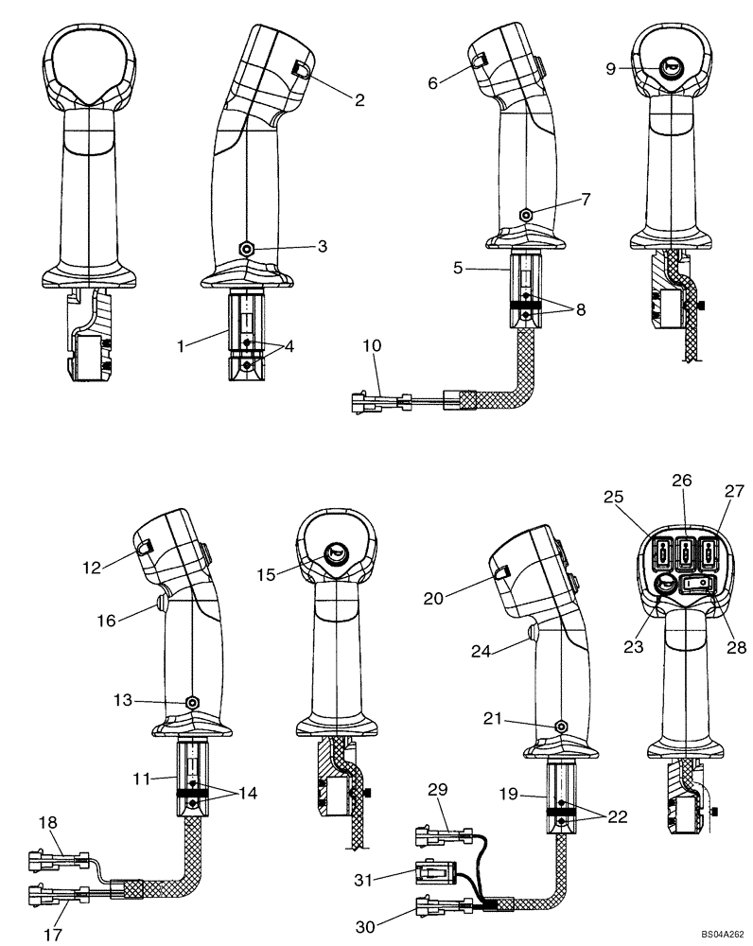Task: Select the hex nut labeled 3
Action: pyautogui.click(x=246, y=248)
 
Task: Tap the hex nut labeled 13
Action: pyautogui.click(x=192, y=703)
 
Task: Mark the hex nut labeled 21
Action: pyautogui.click(x=561, y=725)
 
